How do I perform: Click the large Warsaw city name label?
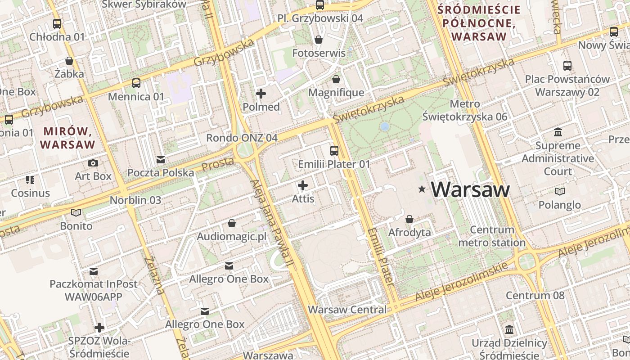[x=470, y=189]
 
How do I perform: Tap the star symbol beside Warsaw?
[x=422, y=189]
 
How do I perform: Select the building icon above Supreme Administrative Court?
[x=558, y=132]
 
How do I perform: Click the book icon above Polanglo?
[x=560, y=192]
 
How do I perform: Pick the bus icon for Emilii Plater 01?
[x=334, y=151]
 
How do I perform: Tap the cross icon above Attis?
[x=303, y=185]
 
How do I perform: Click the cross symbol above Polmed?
[x=261, y=94]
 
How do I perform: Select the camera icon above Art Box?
[x=93, y=163]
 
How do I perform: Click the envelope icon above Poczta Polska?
[x=160, y=160]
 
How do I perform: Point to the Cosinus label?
[x=31, y=193]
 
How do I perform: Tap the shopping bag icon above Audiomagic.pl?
[x=232, y=223]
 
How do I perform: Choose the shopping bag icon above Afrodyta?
[x=409, y=219]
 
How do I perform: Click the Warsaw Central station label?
[x=347, y=310]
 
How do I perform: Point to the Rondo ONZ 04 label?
[x=242, y=138]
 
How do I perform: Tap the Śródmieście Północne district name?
[x=479, y=23]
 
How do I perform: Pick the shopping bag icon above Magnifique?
[x=336, y=80]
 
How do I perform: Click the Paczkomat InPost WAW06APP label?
[x=94, y=291]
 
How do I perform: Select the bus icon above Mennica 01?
[x=136, y=83]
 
